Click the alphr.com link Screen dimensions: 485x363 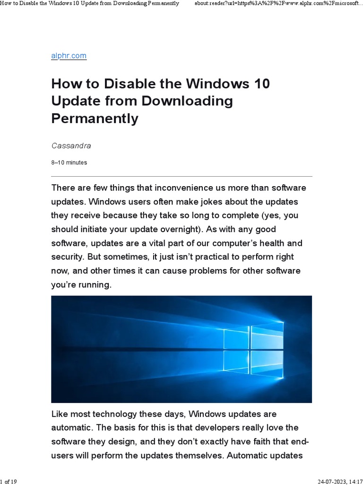pyautogui.click(x=69, y=55)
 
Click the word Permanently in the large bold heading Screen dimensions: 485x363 pyautogui.click(x=95, y=118)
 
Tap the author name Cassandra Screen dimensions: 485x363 pyautogui.click(x=71, y=146)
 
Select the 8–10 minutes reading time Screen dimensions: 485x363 pyautogui.click(x=69, y=162)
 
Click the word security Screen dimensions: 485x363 pyautogui.click(x=66, y=257)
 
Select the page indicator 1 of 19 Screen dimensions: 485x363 pyautogui.click(x=9, y=482)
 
